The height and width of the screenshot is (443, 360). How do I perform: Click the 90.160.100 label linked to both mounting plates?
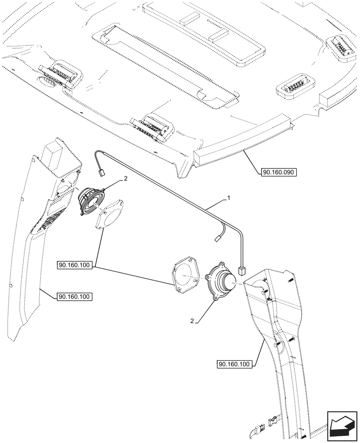74,265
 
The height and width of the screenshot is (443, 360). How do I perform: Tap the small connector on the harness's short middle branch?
218,239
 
